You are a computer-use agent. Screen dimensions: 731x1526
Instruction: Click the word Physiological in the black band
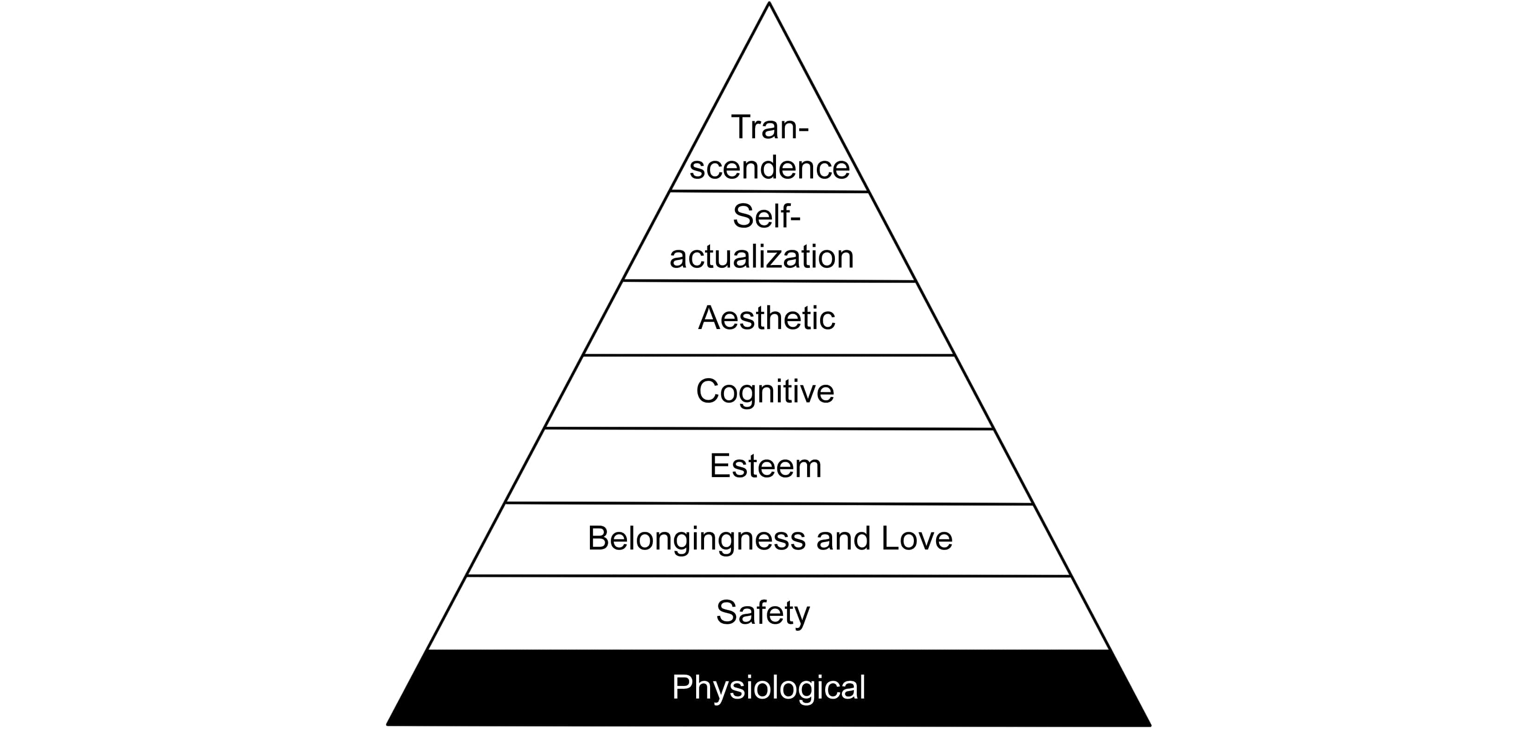[x=768, y=687]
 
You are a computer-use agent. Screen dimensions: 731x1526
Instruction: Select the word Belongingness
[x=697, y=539]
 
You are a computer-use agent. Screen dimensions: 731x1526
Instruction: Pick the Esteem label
[x=765, y=466]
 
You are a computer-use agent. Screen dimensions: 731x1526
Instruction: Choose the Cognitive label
[x=765, y=392]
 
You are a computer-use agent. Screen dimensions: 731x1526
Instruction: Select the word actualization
[x=762, y=257]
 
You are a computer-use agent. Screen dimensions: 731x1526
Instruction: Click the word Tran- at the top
[x=769, y=127]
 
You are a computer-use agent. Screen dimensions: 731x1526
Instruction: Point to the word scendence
[x=769, y=167]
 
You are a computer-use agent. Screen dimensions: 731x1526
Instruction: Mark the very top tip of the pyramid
[x=769, y=4]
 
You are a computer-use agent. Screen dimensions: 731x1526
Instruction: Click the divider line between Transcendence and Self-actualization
[x=769, y=191]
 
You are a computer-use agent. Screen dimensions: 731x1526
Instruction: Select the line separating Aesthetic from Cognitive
[x=769, y=355]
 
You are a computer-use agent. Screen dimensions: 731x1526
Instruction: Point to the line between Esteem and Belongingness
[x=769, y=504]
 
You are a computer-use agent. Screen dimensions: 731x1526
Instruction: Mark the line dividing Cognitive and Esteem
[x=769, y=428]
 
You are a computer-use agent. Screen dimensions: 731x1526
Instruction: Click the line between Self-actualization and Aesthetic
[x=769, y=281]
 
